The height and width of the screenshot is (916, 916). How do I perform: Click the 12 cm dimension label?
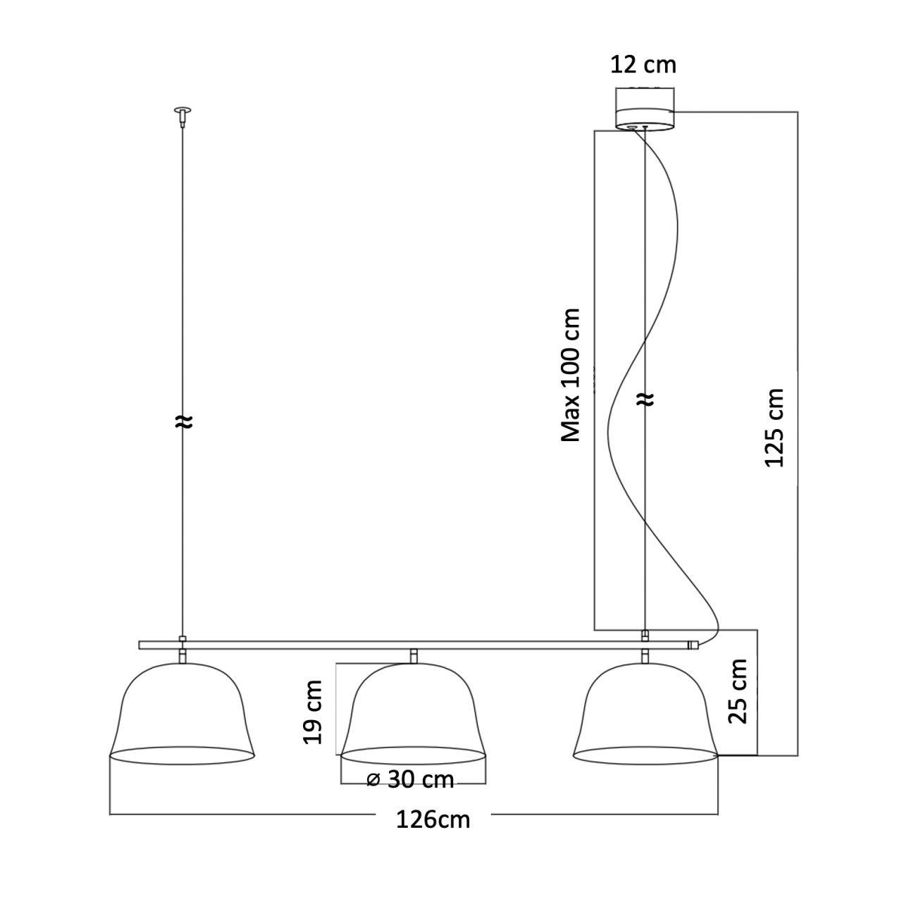coord(643,65)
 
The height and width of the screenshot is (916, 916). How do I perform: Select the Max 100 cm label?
coord(570,375)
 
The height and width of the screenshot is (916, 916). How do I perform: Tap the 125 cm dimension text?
coord(774,427)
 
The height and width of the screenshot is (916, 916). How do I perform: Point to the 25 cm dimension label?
coord(737,691)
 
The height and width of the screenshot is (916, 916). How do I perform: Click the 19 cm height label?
coord(312,712)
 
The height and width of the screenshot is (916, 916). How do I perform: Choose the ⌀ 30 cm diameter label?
coord(411,780)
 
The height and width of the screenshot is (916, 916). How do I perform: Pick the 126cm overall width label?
coord(432,819)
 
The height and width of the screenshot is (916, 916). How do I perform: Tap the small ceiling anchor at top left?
coord(182,113)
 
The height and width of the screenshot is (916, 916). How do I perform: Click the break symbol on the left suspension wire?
coord(182,421)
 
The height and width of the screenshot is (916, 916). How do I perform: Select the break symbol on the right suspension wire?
coord(645,400)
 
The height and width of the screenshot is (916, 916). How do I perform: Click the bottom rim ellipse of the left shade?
coord(182,756)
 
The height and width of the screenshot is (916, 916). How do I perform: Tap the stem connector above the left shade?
coord(182,656)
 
